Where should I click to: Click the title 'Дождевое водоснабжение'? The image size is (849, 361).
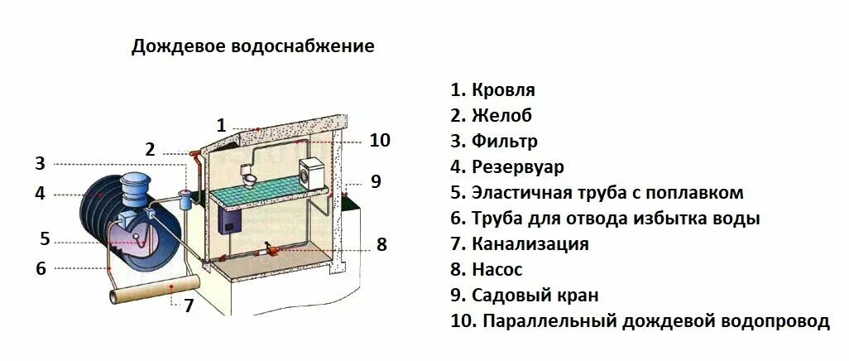[252, 46]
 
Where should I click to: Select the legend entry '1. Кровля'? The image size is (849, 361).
[492, 90]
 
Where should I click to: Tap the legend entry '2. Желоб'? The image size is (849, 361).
[491, 116]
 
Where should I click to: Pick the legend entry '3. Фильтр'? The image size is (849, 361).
[494, 142]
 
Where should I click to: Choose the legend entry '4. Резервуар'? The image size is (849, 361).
[507, 167]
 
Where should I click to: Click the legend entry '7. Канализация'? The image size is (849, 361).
[520, 244]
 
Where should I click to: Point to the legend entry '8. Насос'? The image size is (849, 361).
[487, 270]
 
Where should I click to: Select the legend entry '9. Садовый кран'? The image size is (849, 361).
[524, 296]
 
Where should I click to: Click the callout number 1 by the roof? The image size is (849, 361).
[221, 126]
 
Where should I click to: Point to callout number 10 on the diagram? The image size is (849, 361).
[379, 140]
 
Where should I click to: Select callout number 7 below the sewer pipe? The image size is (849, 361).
[189, 306]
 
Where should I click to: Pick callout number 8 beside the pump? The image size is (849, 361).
[381, 244]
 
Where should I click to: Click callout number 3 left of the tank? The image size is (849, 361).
[40, 163]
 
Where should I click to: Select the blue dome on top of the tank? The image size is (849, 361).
[132, 184]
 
